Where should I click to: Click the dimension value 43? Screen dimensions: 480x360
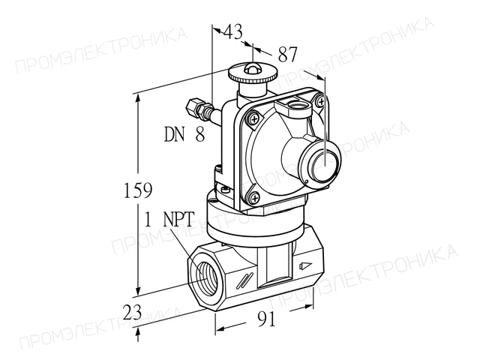(x=233, y=31)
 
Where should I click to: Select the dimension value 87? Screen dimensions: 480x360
(x=288, y=55)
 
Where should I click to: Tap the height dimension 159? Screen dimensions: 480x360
(x=138, y=190)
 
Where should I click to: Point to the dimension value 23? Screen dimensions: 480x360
(x=132, y=312)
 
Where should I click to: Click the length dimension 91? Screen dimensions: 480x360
(x=267, y=319)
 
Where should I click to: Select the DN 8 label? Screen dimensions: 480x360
(x=184, y=134)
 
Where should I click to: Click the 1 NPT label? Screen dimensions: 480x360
(x=169, y=219)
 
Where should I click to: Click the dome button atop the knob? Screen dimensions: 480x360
(x=252, y=68)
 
